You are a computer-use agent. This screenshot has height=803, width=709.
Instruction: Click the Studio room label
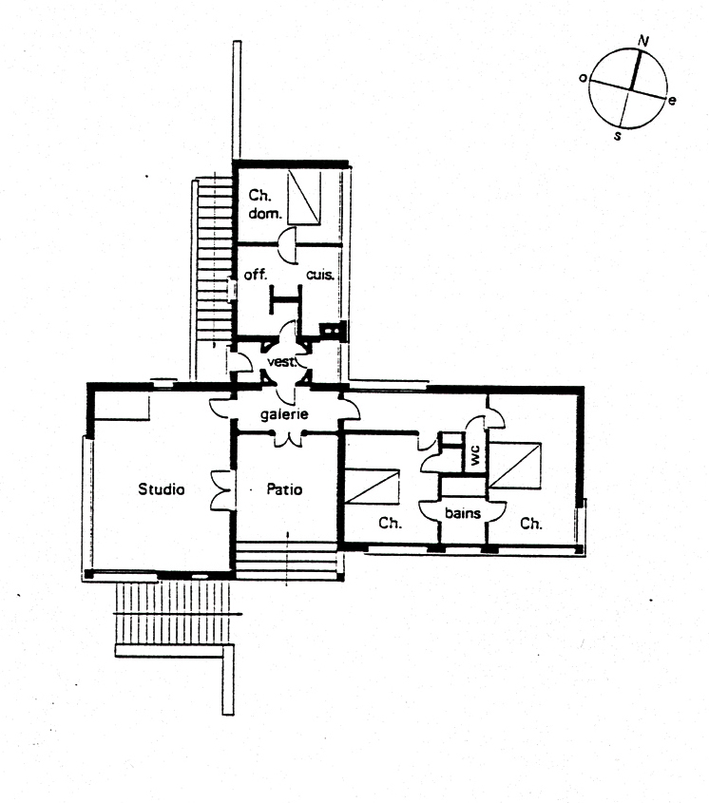tap(162, 489)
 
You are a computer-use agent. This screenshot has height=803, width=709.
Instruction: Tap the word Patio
tap(284, 489)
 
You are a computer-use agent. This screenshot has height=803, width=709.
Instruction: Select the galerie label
tap(284, 413)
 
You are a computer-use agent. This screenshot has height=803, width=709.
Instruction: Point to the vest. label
tap(281, 362)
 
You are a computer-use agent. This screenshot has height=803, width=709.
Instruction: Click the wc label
tap(475, 454)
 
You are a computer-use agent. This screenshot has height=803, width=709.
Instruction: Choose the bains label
tap(463, 512)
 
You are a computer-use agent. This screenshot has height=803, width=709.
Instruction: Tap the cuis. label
tap(320, 275)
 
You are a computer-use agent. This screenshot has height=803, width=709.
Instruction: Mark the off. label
tap(256, 275)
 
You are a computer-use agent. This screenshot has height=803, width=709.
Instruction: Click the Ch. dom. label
tap(265, 203)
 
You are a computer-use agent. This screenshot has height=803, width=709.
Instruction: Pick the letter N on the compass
tap(643, 41)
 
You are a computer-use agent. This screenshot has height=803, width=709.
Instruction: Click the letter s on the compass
tap(618, 136)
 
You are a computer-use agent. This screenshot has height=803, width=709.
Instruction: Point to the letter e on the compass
tap(672, 101)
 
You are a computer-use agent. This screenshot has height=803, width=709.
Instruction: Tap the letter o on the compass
tap(583, 78)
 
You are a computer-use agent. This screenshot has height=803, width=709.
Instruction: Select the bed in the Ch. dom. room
tap(304, 197)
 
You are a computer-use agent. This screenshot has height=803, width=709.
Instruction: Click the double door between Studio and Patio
tap(222, 490)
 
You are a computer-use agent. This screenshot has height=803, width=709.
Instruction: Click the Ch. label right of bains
tap(530, 524)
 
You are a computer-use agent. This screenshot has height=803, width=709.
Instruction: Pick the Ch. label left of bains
tap(390, 524)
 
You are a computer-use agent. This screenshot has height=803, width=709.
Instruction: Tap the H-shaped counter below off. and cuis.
tap(285, 298)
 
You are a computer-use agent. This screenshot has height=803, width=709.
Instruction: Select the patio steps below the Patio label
tap(288, 560)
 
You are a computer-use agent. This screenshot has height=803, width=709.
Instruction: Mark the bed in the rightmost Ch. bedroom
tap(515, 466)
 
